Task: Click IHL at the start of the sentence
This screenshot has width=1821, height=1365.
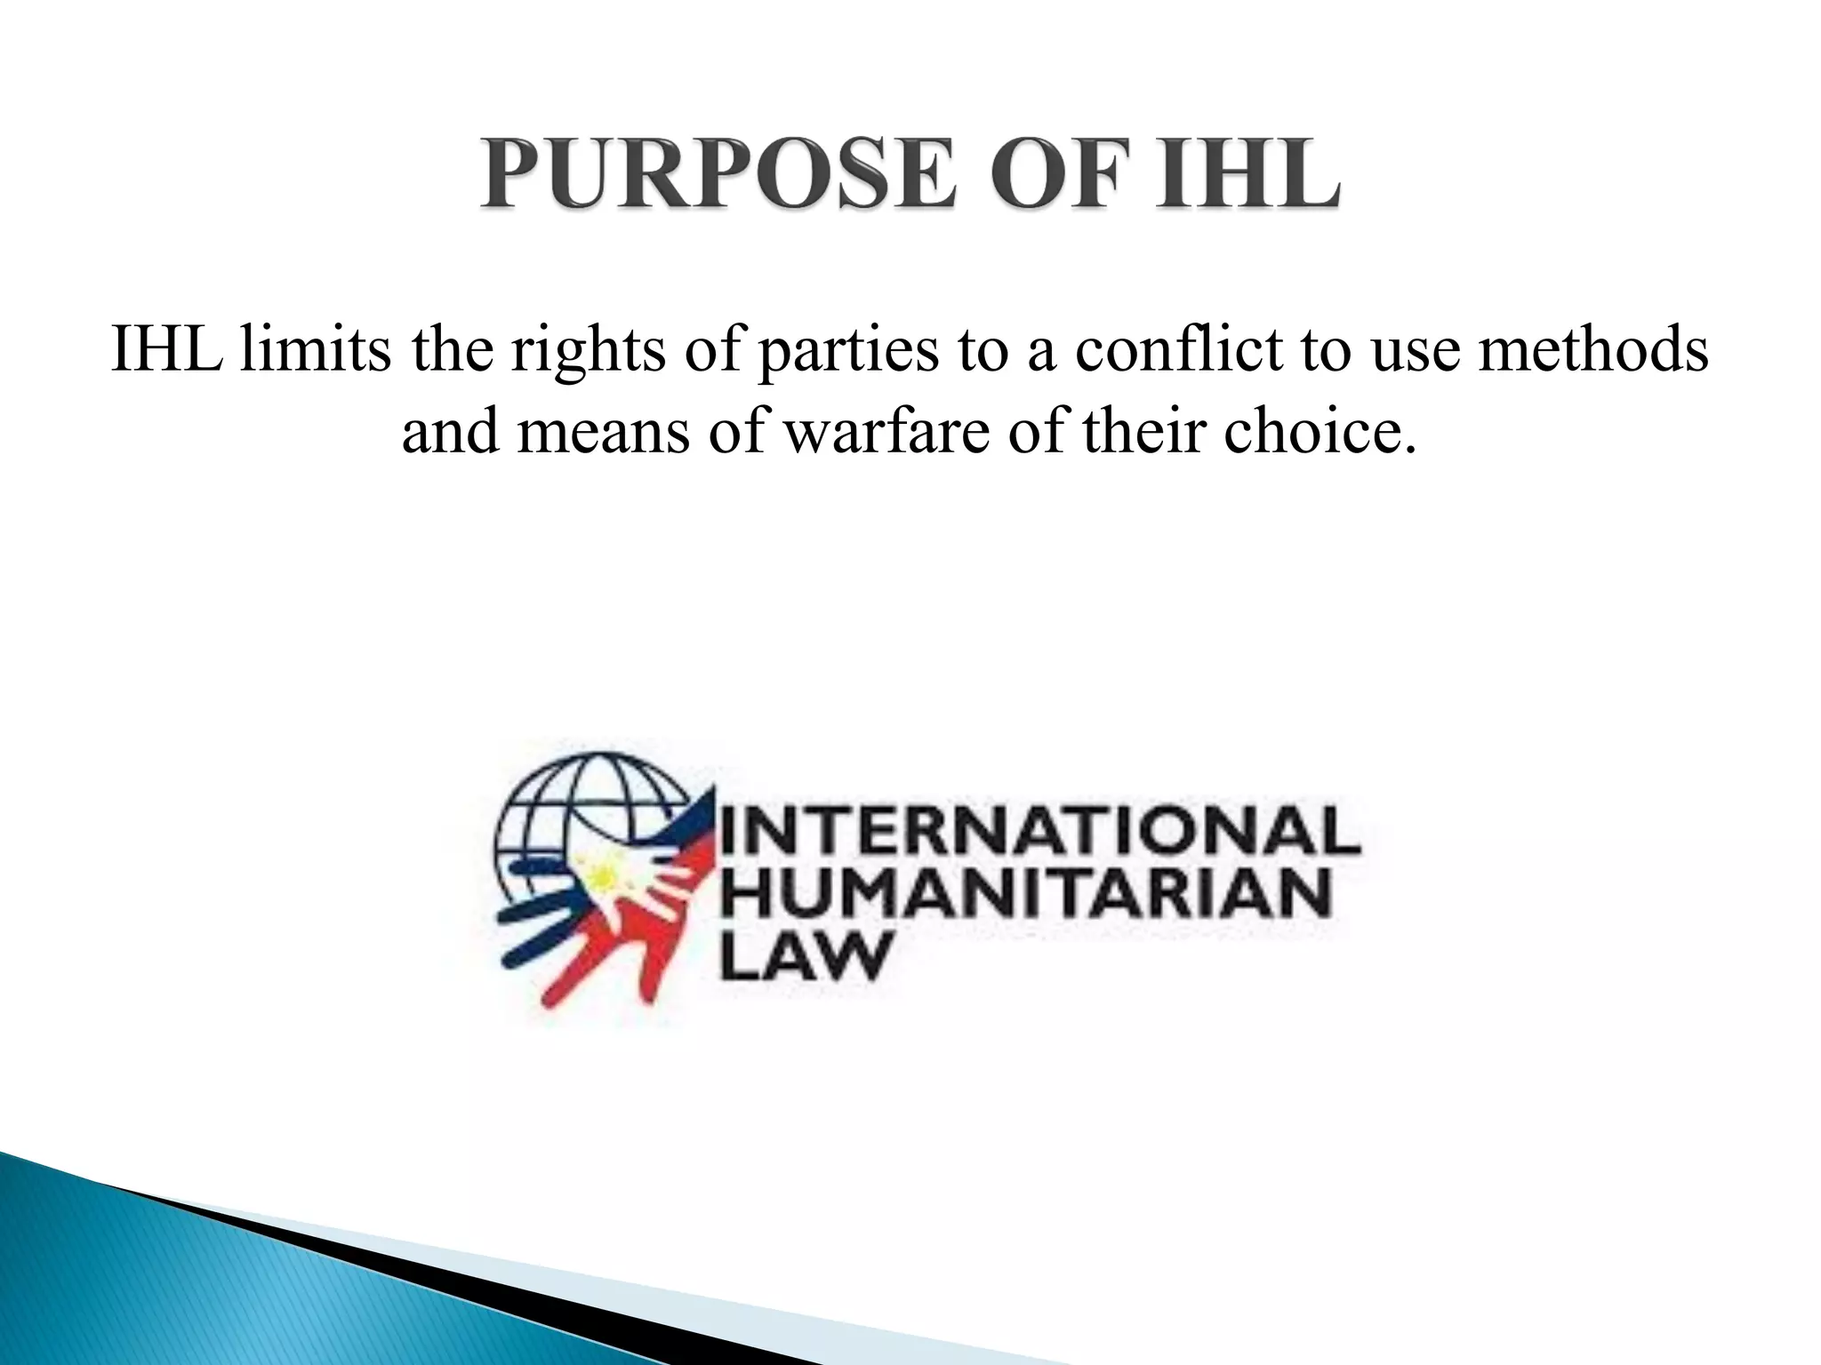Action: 166,349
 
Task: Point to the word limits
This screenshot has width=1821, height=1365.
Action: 315,349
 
